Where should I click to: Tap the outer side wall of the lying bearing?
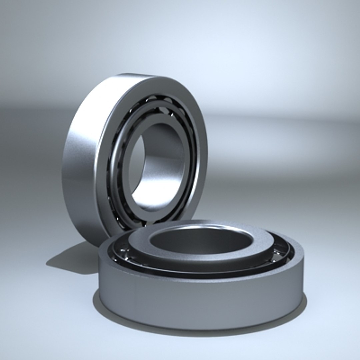click(x=200, y=300)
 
